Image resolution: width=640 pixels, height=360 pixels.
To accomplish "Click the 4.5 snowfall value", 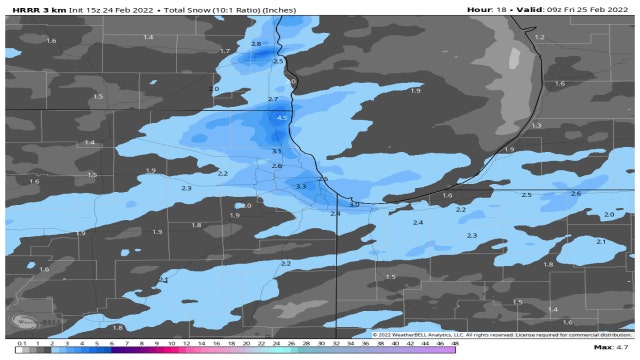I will (x=282, y=118).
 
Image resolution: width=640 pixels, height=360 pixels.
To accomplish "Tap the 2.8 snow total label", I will (x=256, y=44).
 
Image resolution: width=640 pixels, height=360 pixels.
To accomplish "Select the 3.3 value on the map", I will (x=301, y=187).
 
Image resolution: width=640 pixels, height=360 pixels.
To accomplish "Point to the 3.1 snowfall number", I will (x=277, y=150).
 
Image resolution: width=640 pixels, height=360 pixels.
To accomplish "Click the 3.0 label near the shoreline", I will (x=354, y=204).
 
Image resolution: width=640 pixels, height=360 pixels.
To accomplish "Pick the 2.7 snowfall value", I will (x=273, y=100).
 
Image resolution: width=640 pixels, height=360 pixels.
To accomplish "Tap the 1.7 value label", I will (x=225, y=50).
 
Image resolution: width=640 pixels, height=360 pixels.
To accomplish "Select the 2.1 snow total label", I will (x=601, y=242).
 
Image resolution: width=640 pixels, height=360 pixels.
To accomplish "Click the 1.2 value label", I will (x=539, y=37).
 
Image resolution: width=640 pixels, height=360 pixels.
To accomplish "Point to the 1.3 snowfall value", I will (x=536, y=125).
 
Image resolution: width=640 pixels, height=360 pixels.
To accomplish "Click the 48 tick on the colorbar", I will (x=455, y=343).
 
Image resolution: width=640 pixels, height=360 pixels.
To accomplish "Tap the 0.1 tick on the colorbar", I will (x=21, y=343).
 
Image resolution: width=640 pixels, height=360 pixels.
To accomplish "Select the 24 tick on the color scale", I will (x=262, y=343).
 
